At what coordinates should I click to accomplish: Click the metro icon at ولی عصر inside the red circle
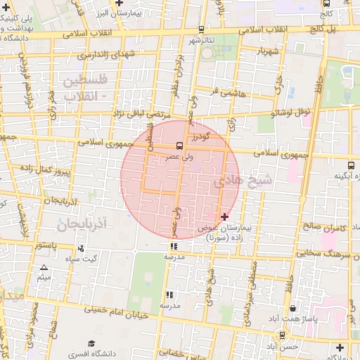pyautogui.click(x=179, y=146)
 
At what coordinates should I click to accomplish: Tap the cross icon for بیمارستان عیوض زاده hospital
pyautogui.click(x=224, y=217)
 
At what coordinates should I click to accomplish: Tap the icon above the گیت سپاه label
pyautogui.click(x=82, y=248)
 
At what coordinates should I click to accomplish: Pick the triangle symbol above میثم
pyautogui.click(x=44, y=268)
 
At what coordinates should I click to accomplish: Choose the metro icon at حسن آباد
pyautogui.click(x=282, y=335)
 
